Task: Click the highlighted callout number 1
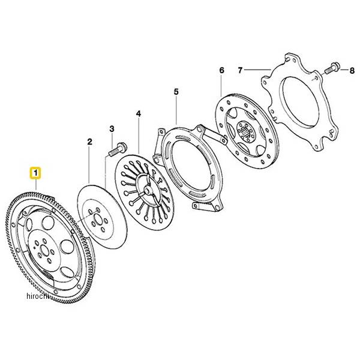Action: coord(36,175)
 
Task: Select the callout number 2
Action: coord(89,142)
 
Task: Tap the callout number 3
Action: coord(112,129)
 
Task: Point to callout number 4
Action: coord(138,113)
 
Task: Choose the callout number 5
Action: coord(176,92)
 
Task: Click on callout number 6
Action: coord(221,71)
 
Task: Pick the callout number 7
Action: coord(240,70)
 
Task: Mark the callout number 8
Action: coord(352,71)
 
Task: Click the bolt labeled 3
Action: coord(118,145)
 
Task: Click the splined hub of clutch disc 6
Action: coord(245,129)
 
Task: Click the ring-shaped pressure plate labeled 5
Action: coord(191,163)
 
